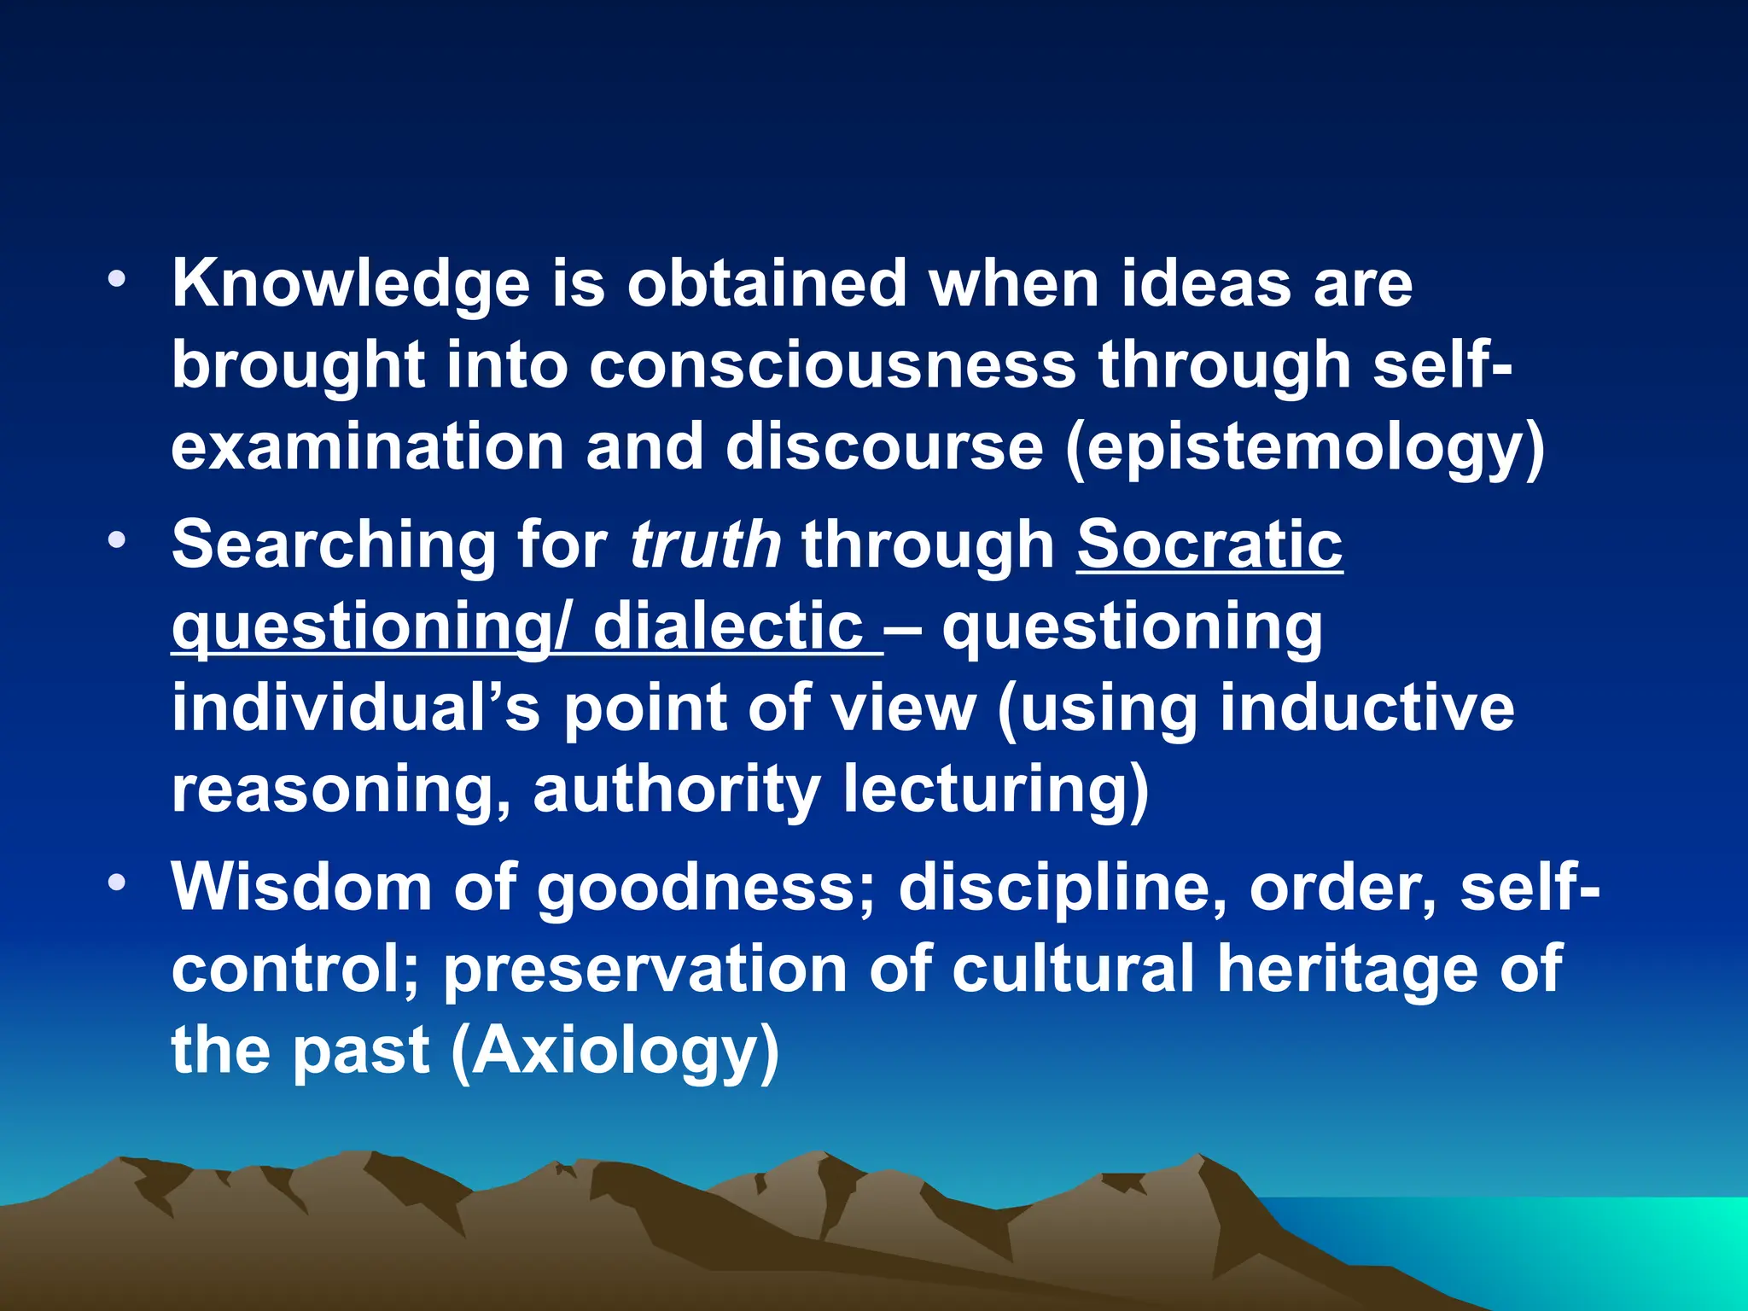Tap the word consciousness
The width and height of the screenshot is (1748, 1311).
tap(832, 365)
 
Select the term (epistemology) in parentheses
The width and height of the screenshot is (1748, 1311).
tap(1305, 447)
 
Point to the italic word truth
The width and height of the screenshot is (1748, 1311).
tap(705, 545)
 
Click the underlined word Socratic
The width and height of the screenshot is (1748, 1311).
tap(1209, 545)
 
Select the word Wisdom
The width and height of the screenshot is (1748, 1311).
tap(301, 888)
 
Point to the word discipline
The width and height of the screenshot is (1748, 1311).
tap(1063, 888)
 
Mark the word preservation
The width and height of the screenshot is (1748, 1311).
tap(644, 969)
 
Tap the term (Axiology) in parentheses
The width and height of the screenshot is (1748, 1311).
tap(615, 1051)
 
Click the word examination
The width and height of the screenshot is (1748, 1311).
tap(367, 447)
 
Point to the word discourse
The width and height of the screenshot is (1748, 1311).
tap(884, 447)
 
